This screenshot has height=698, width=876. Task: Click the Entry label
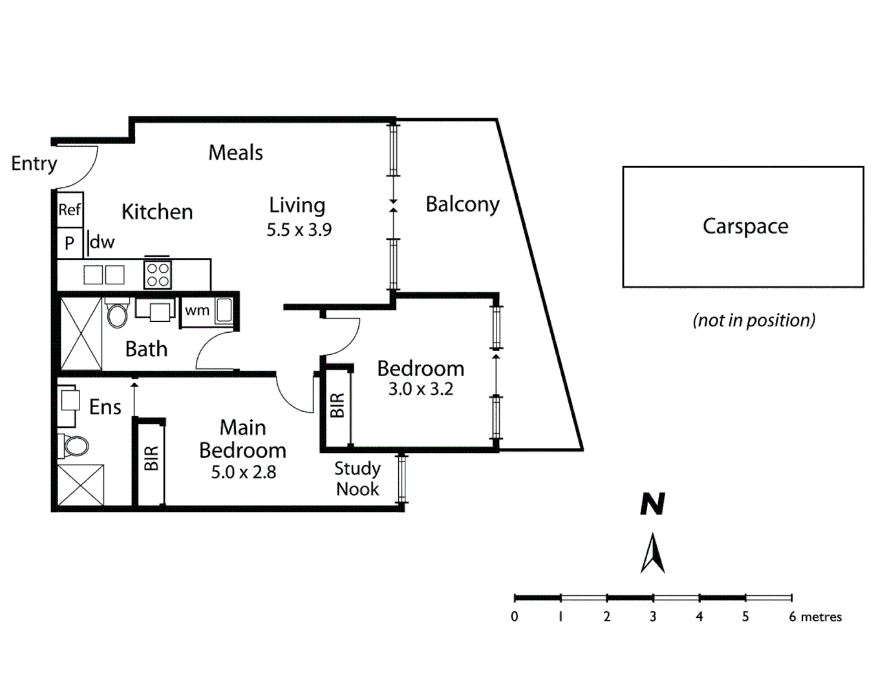point(34,164)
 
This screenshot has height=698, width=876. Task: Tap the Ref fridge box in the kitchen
point(70,209)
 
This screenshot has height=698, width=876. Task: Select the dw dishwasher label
point(102,242)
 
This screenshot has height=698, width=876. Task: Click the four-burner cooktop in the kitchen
point(158,274)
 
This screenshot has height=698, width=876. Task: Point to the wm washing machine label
point(197,310)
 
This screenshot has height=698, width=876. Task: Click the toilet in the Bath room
point(118,315)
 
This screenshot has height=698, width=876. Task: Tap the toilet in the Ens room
point(76,445)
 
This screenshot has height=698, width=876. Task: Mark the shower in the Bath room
point(81,333)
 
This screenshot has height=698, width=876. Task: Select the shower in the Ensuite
point(81,485)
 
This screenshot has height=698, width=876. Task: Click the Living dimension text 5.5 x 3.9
point(299,230)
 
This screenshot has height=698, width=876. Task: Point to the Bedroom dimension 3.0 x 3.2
point(420,389)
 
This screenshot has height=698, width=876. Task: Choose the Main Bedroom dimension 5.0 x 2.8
point(243,472)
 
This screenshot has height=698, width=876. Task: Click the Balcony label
point(462,204)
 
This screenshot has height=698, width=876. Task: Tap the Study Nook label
point(358,478)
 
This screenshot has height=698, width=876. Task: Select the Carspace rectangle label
point(745,226)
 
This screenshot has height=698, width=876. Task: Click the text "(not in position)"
point(754,321)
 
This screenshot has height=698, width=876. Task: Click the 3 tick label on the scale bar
point(653,617)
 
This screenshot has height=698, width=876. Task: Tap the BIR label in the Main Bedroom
point(151,458)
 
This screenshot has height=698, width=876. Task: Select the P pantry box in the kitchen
point(69,244)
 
